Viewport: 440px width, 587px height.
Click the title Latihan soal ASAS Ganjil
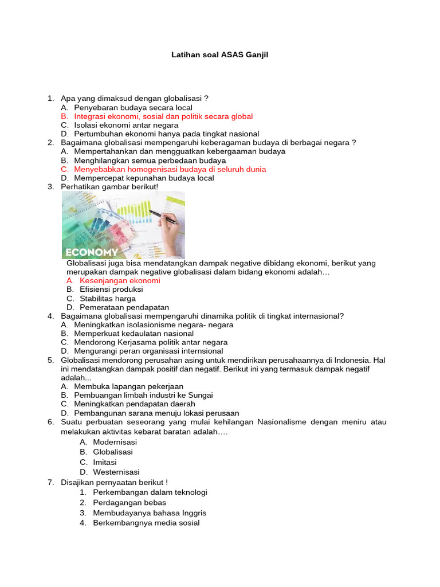tap(220, 55)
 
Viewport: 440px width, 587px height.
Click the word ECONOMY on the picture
tap(92, 252)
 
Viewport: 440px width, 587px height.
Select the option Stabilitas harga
tap(108, 299)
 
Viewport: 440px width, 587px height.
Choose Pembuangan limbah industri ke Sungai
tap(143, 395)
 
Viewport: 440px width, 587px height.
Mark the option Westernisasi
tap(116, 472)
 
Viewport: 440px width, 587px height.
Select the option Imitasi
tap(105, 462)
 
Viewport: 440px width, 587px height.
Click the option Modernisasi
tap(115, 442)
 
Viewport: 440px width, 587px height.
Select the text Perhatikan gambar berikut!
tap(109, 187)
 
